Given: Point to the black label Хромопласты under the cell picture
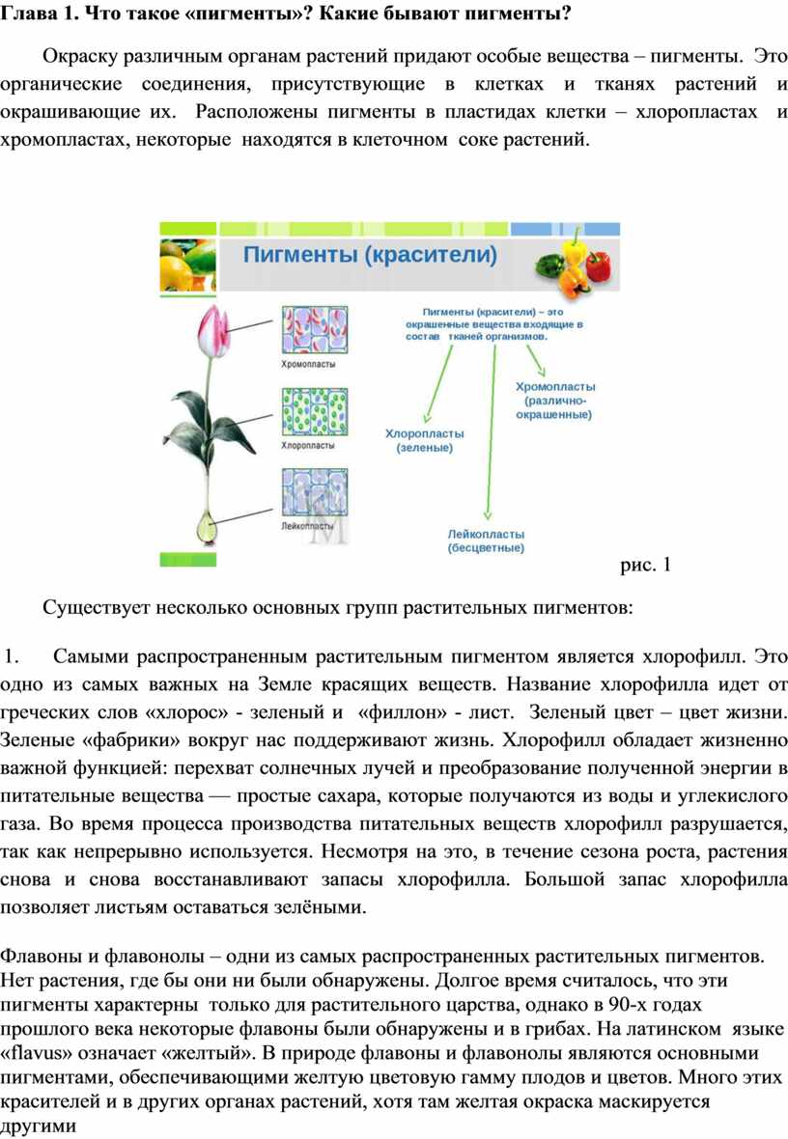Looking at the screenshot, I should point(308,367).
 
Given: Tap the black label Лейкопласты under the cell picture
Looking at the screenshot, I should point(308,528).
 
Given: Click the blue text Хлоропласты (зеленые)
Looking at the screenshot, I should point(425,441).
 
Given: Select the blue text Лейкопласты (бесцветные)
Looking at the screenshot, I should point(486,541).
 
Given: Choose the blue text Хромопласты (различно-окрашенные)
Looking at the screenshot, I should point(553,400).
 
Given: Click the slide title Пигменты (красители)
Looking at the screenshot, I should point(370,255).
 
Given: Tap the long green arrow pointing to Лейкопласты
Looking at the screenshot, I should point(490,434).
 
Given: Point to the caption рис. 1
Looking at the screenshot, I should point(645,565).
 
